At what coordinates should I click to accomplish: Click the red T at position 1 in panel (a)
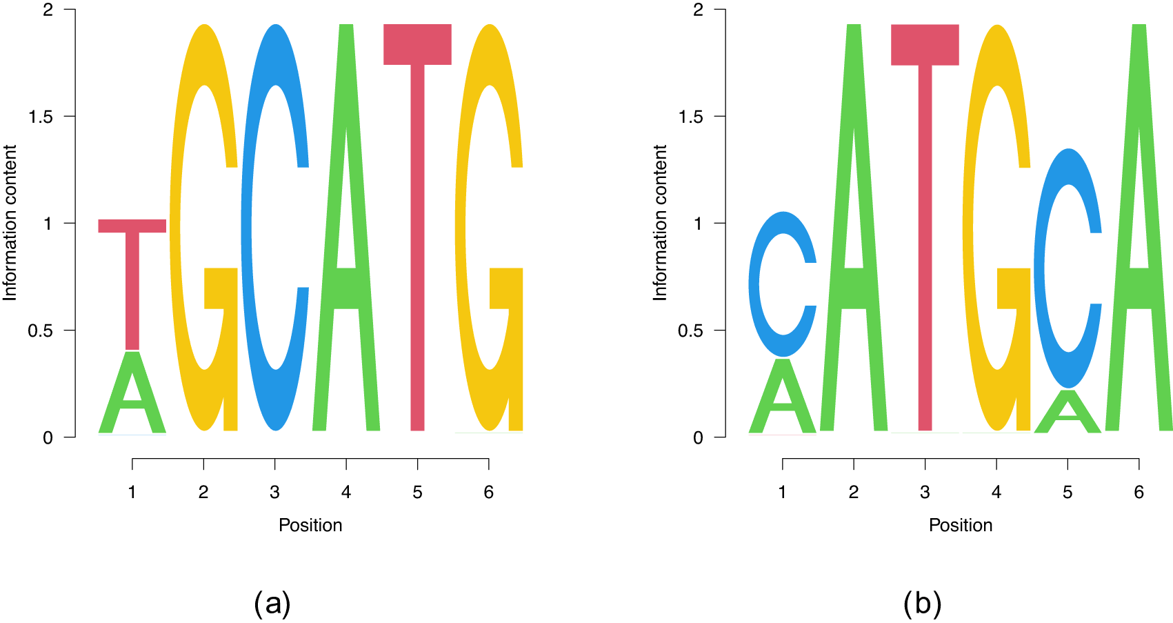click(x=132, y=276)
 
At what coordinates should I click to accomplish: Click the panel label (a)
click(x=272, y=604)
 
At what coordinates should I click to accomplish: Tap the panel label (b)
click(x=922, y=604)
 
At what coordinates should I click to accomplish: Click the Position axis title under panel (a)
click(x=310, y=525)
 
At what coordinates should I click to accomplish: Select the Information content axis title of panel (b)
click(x=660, y=222)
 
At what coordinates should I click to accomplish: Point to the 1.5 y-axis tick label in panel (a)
click(x=40, y=117)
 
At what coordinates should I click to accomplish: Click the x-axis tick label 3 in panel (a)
click(x=274, y=492)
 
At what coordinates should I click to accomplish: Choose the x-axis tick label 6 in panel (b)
click(x=1139, y=492)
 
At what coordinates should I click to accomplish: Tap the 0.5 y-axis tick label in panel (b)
click(x=690, y=330)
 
